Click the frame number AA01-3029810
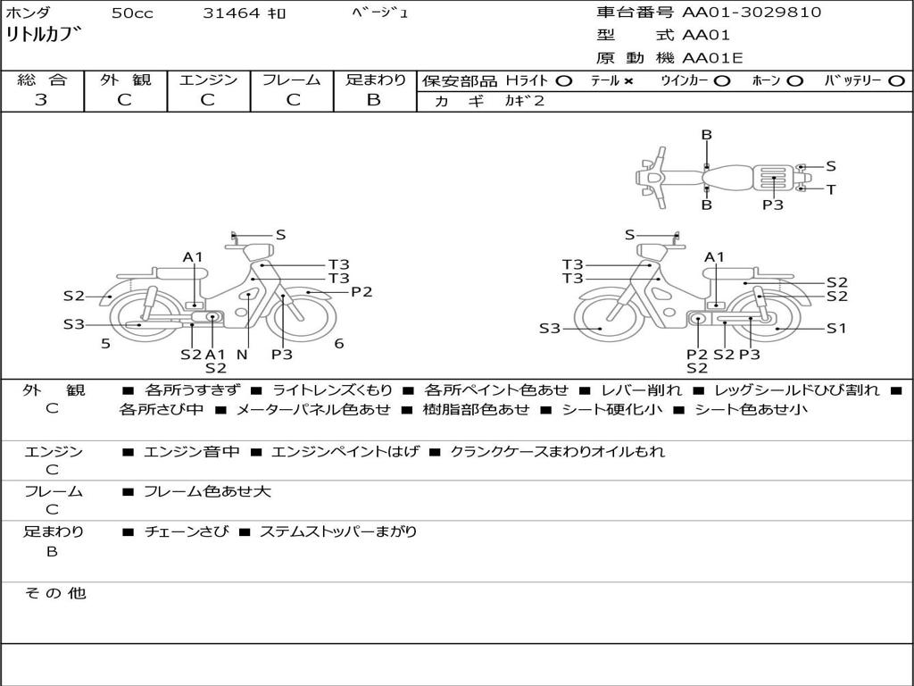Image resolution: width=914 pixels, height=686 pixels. (x=752, y=13)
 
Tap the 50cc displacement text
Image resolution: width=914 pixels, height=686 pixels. (x=131, y=13)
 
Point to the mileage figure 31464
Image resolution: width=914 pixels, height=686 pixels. (x=231, y=13)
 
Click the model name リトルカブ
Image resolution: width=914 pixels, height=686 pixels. (x=44, y=37)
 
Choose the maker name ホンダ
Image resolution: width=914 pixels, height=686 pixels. (x=29, y=13)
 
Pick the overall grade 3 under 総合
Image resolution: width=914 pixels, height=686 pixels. (x=41, y=100)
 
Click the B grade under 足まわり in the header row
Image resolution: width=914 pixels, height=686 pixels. (x=374, y=100)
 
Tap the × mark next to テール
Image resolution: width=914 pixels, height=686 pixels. (x=628, y=81)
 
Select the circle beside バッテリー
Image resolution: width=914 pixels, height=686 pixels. (x=896, y=81)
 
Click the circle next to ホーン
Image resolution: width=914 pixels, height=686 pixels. (x=795, y=81)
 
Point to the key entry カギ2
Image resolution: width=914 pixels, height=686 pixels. (x=524, y=101)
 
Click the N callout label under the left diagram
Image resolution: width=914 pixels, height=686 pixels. (x=241, y=355)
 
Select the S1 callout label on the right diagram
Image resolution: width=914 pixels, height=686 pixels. (x=835, y=328)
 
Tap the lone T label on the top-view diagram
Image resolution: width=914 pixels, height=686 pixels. (x=831, y=189)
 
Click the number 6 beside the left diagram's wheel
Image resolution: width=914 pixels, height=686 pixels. (x=339, y=344)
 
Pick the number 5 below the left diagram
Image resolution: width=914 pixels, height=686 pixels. (x=105, y=344)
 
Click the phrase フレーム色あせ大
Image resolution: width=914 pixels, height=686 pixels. (x=207, y=491)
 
